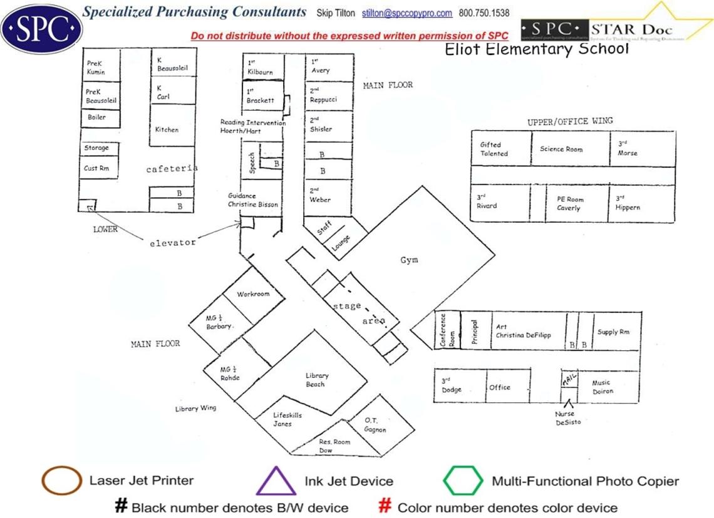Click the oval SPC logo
pos(42,28)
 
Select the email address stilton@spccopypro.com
pos(407,13)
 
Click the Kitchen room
pos(167,129)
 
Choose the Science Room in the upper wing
pos(561,149)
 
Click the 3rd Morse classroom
pos(642,149)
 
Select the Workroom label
pos(253,294)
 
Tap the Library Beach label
pos(317,380)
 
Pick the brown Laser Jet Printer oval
pos(61,481)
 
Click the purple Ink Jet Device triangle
pos(276,481)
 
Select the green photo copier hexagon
pos(463,480)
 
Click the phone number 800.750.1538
pos(484,13)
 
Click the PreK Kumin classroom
pos(99,68)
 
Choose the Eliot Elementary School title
pos(536,49)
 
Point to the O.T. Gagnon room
pos(376,425)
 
